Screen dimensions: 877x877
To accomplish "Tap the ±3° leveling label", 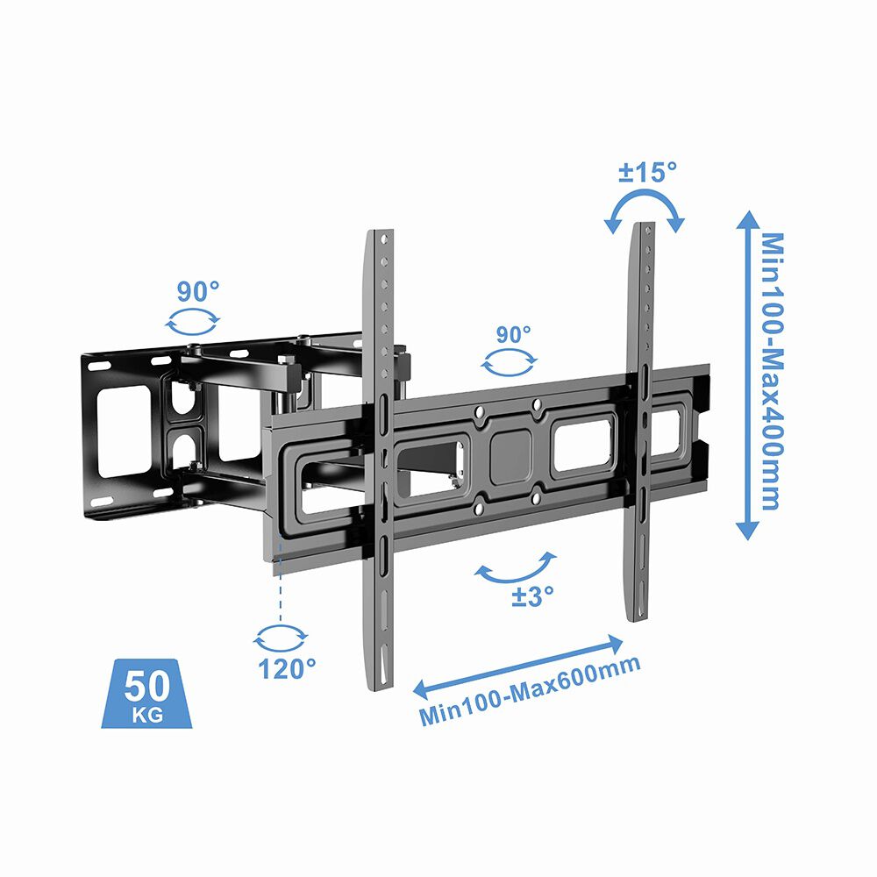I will tap(533, 596).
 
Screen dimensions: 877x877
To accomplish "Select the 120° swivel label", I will tap(286, 668).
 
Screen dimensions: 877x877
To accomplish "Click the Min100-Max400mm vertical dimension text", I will tap(771, 371).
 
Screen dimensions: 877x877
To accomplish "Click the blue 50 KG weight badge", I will tap(145, 693).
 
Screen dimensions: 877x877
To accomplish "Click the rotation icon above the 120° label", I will tap(281, 637).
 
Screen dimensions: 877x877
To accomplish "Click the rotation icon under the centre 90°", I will tap(510, 362).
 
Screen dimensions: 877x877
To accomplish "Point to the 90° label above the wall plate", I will tap(197, 291).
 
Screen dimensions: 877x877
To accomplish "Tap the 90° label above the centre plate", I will tap(514, 334).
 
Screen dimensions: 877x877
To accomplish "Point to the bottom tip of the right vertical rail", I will tap(640, 617).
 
